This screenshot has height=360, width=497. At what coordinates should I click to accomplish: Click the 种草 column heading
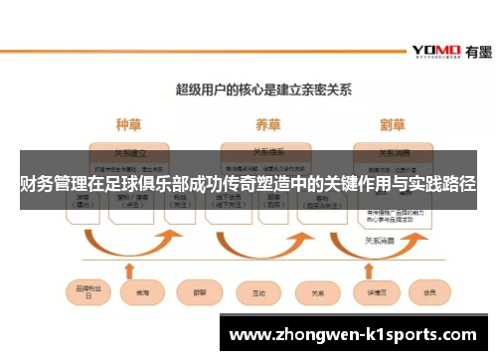[129, 125]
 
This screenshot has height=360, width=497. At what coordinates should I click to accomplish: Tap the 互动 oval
[259, 294]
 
